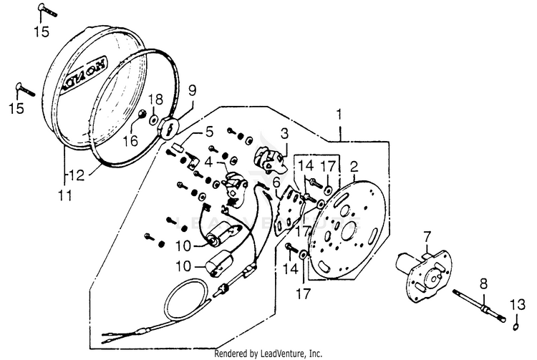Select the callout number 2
point(353,167)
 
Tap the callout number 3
point(284,133)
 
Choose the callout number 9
point(192,91)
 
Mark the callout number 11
point(64,193)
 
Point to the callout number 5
point(209,132)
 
